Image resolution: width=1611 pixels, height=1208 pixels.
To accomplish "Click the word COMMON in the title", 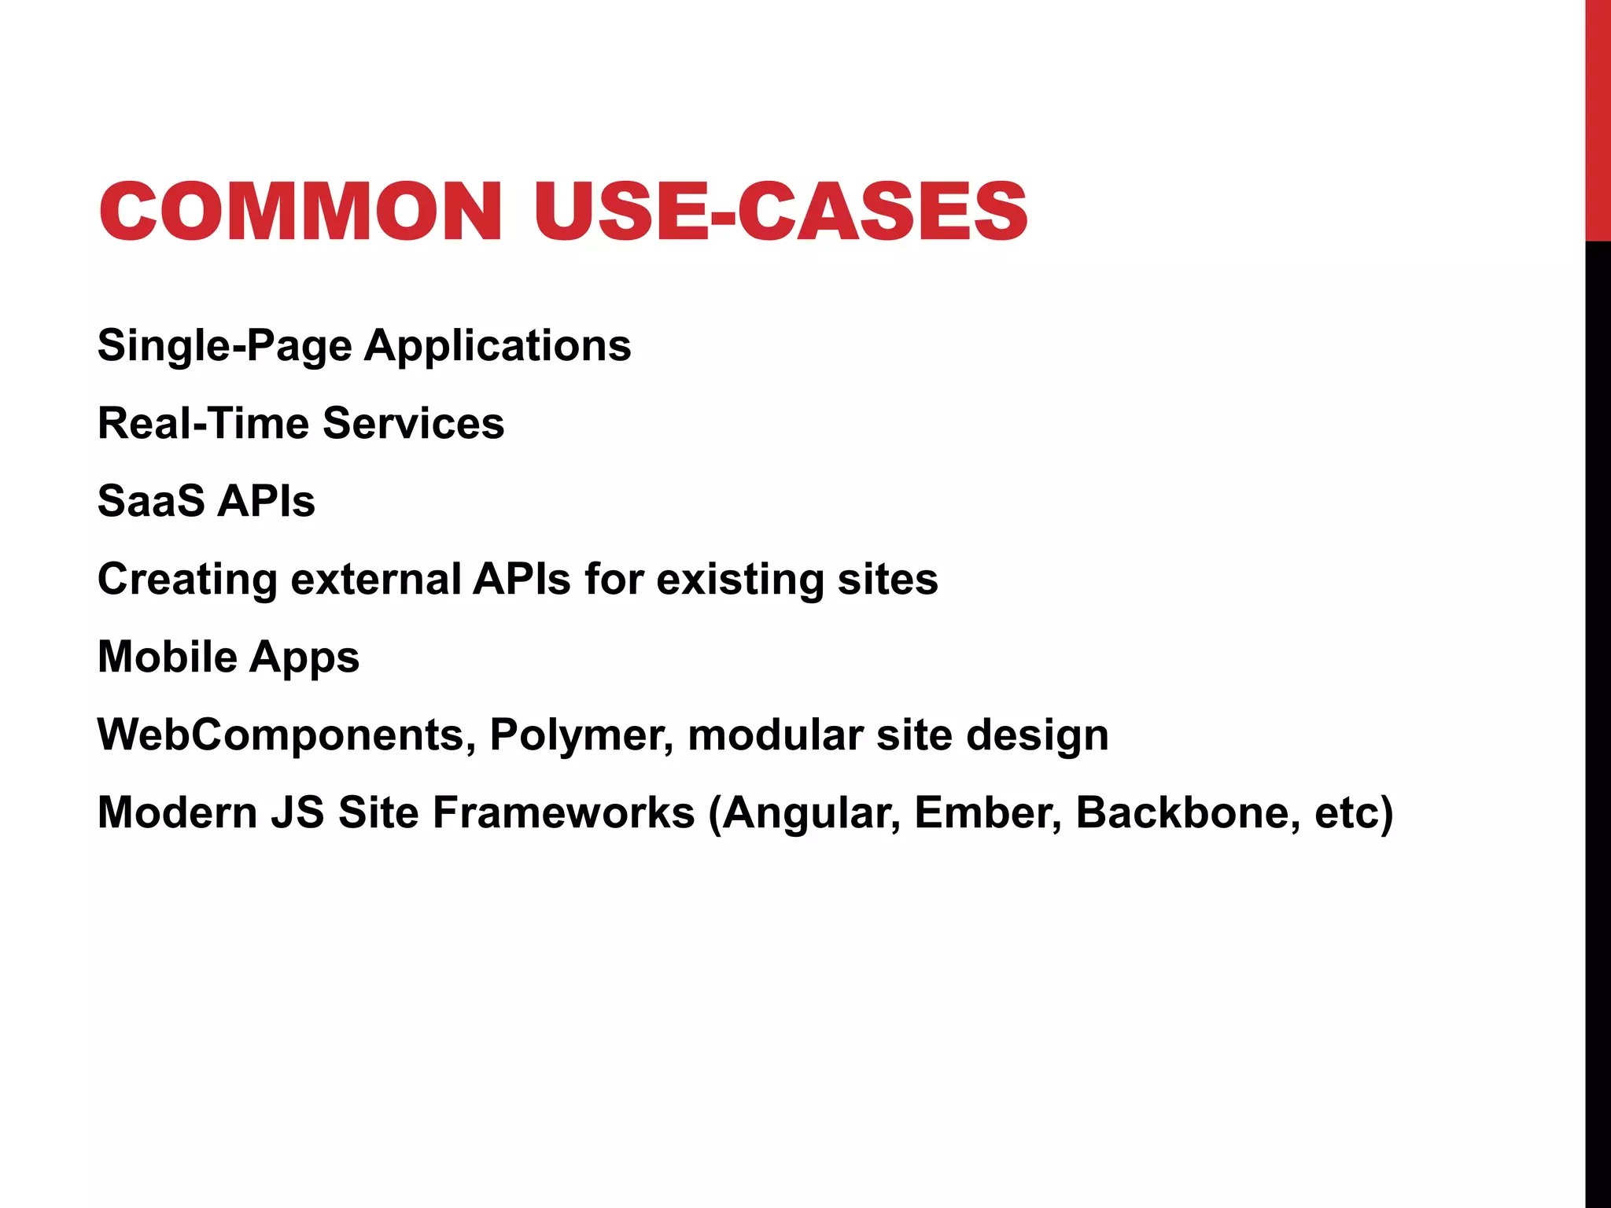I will (x=300, y=211).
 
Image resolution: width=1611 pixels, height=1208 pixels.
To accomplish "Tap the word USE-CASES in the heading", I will (x=780, y=211).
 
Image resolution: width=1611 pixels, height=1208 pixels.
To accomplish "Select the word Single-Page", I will (x=224, y=346).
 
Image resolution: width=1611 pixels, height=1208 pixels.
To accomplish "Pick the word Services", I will (x=413, y=423).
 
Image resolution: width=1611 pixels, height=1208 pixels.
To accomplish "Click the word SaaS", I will (x=151, y=501).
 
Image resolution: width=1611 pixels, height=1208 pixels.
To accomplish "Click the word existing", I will (x=739, y=580).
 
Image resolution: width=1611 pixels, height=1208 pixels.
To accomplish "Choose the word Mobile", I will (x=168, y=657).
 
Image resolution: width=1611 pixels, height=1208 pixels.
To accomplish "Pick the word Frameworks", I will (x=563, y=812).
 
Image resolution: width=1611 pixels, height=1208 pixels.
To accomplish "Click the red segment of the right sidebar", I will (x=1598, y=118).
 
